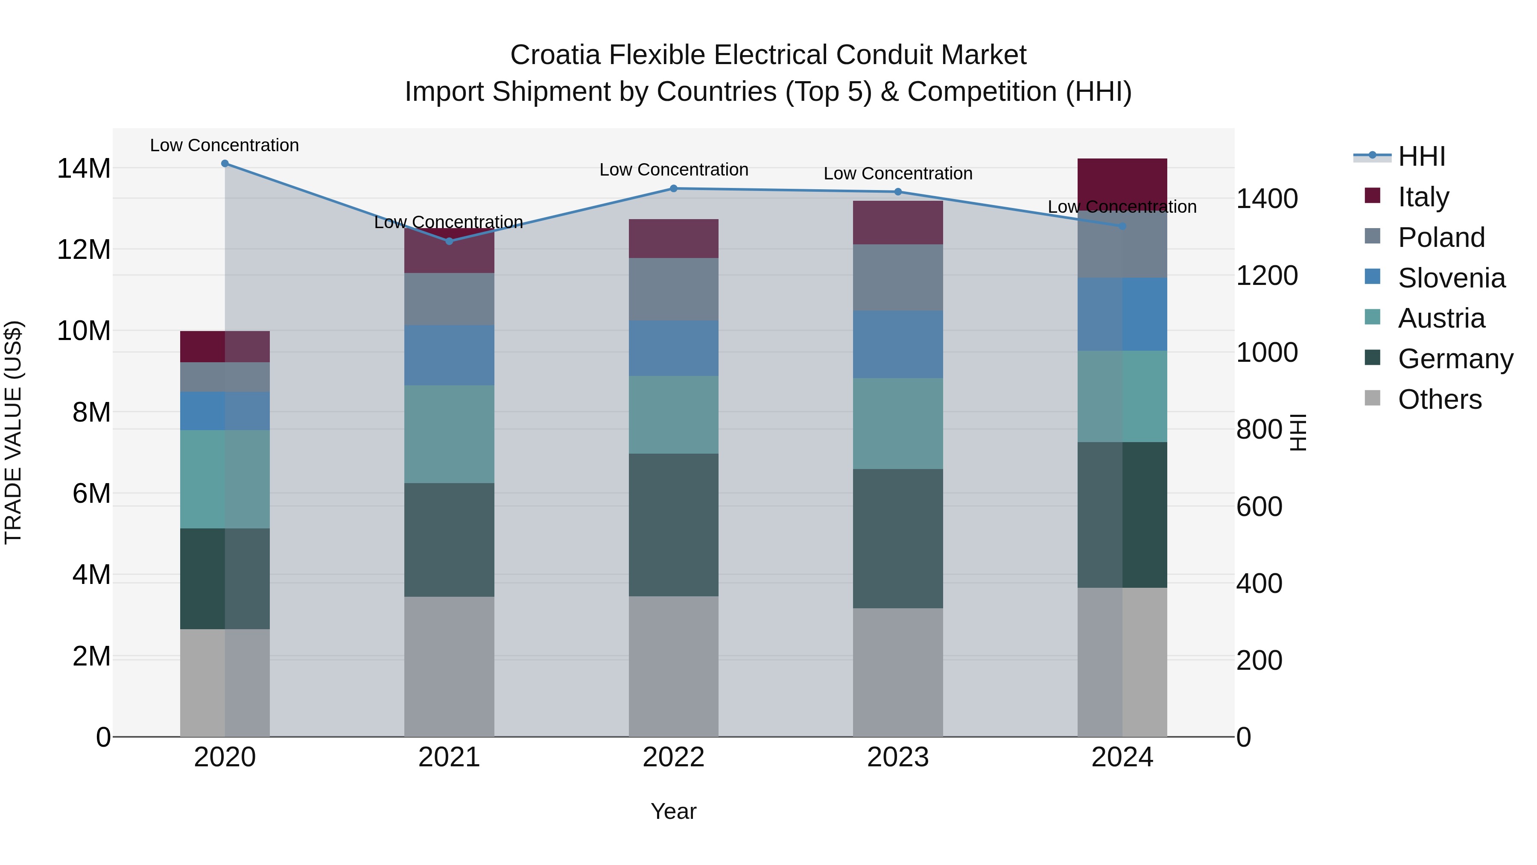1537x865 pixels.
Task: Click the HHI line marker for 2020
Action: point(225,164)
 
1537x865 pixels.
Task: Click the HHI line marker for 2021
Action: point(449,241)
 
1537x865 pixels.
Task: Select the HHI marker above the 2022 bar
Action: point(674,189)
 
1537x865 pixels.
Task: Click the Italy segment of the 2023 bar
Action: point(898,223)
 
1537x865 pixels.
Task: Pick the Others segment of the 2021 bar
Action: point(449,666)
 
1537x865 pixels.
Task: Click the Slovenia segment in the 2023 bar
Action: point(898,344)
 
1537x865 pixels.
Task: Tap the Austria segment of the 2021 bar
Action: point(449,434)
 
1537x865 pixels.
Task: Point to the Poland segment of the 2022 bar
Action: point(674,290)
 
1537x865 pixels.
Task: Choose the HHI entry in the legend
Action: point(1420,156)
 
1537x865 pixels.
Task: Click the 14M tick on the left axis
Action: point(84,168)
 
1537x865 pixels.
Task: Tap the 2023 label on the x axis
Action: point(898,757)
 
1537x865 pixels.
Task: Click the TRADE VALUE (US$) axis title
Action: point(13,432)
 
